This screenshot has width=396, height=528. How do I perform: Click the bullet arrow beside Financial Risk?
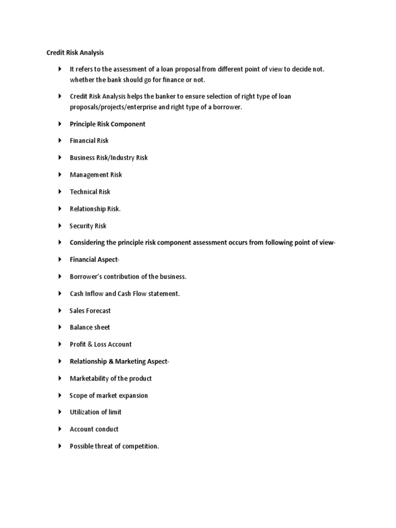60,141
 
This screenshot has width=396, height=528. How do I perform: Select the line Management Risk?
96,175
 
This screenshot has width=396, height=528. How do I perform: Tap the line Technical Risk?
90,192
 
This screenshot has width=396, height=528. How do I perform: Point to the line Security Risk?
88,226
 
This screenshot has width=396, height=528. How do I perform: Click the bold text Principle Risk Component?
107,124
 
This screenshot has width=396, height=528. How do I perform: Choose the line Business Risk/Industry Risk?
108,158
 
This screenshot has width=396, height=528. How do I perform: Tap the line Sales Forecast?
90,311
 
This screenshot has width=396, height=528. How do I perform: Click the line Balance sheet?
90,327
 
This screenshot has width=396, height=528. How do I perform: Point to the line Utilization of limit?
95,412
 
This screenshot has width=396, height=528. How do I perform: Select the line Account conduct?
94,429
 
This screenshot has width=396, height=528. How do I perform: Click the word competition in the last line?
140,447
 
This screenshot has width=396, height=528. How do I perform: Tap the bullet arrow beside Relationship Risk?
60,209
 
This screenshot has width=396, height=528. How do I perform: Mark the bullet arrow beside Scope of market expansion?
60,395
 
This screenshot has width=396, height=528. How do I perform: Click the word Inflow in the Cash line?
96,294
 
